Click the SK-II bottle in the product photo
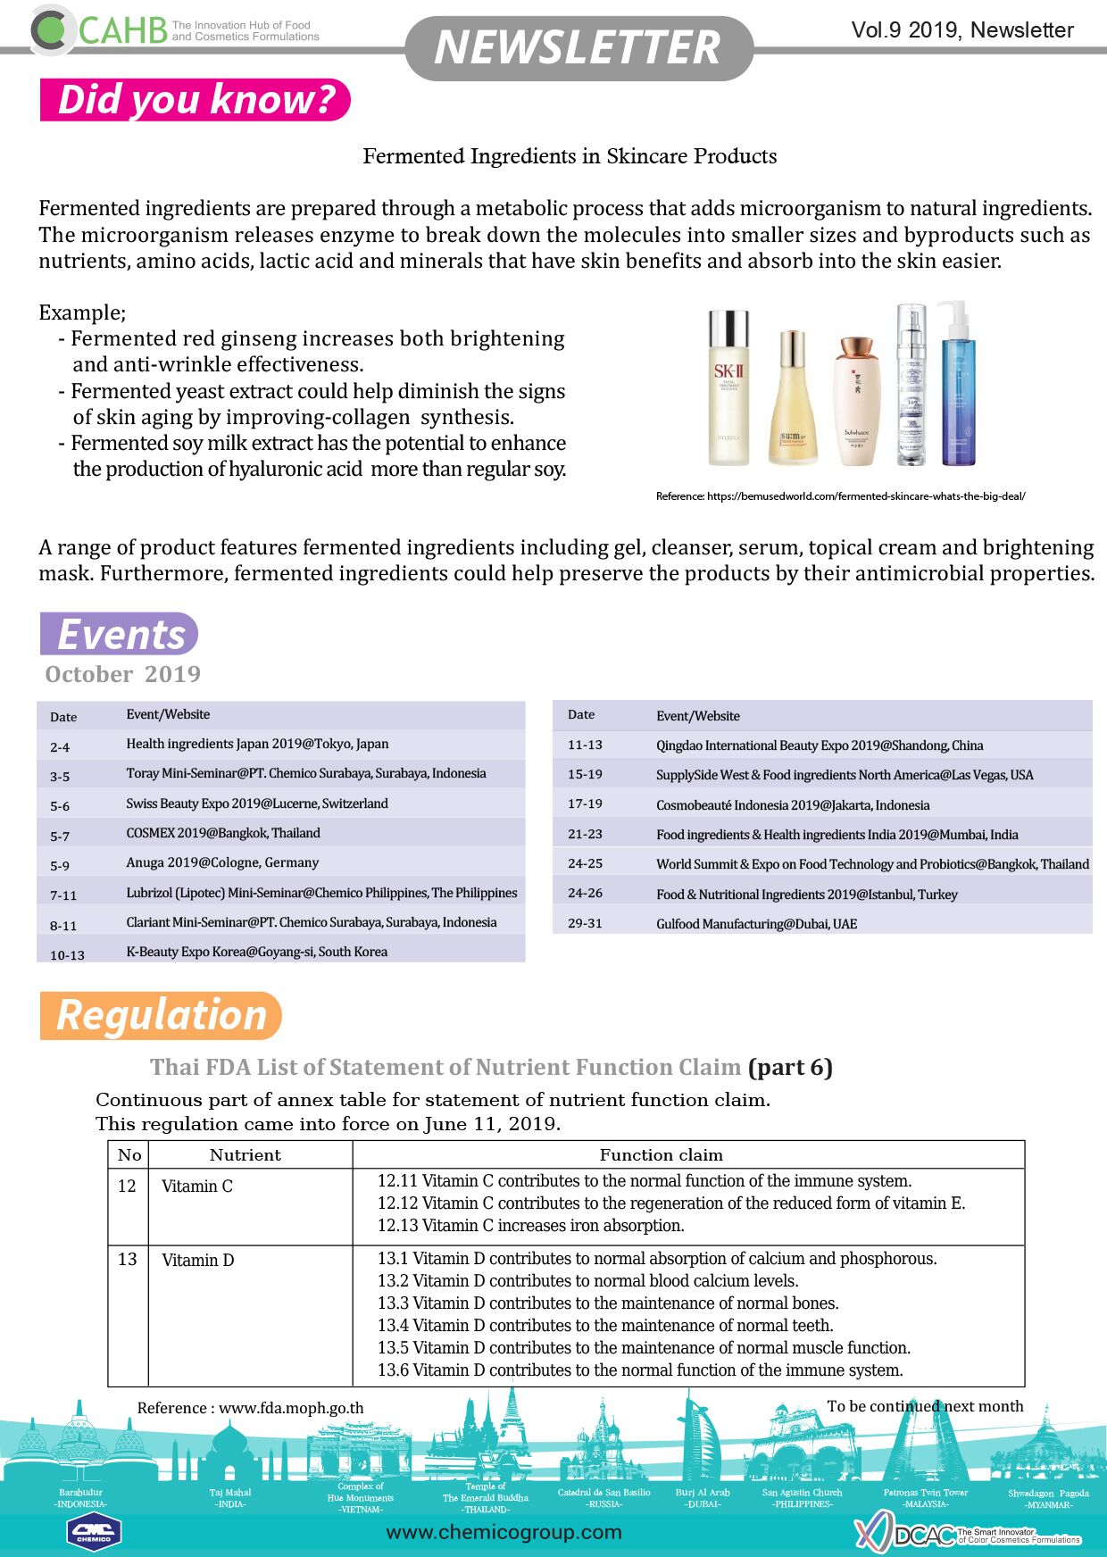(728, 387)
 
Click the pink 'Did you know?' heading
(196, 100)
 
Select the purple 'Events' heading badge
(120, 635)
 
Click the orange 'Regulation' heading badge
(161, 1016)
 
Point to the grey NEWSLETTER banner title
(578, 48)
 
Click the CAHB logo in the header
(98, 30)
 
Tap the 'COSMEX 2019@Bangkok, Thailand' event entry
(223, 833)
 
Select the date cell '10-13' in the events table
(67, 954)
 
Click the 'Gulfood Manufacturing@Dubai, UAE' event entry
(756, 924)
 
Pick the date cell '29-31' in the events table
(585, 923)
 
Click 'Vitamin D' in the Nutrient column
(197, 1261)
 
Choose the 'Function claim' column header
(661, 1154)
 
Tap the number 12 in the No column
(127, 1186)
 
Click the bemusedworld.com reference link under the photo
(840, 496)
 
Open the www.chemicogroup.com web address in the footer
(504, 1532)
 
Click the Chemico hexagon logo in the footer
(94, 1532)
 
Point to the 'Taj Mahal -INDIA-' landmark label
(230, 1498)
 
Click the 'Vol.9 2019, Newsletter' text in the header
(962, 30)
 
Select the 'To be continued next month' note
(925, 1406)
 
